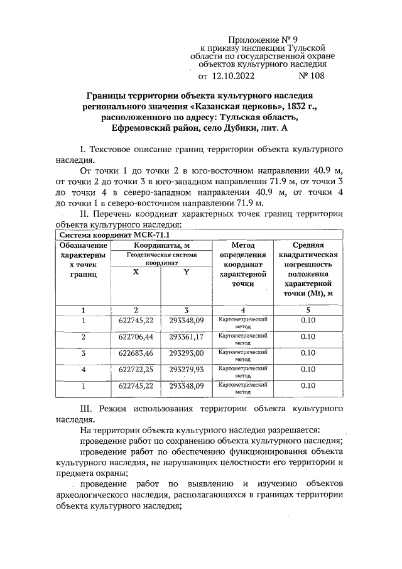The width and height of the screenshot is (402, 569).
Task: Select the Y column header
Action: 186,271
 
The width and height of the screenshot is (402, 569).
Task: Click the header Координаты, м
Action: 162,245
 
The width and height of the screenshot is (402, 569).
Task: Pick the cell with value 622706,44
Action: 136,337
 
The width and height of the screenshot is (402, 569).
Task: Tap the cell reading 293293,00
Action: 186,353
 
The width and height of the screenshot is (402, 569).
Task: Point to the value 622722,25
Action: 136,370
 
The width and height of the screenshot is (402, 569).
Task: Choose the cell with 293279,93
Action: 186,370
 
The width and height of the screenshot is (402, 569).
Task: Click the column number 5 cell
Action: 308,309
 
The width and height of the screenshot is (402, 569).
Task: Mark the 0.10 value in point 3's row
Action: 308,353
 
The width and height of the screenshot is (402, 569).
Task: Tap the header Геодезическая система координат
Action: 162,260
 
